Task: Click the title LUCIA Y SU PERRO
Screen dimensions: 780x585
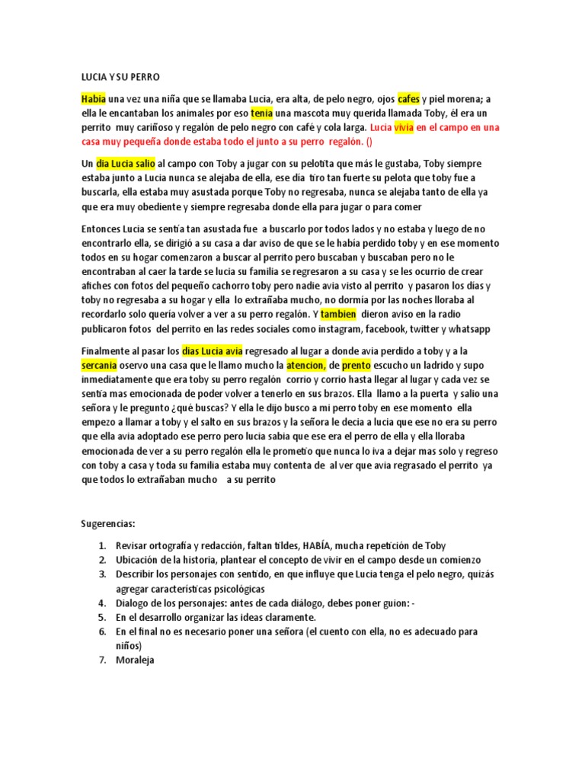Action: [x=122, y=77]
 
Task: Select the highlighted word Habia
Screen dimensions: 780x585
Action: [x=94, y=99]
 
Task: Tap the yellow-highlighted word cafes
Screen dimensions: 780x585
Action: [x=408, y=99]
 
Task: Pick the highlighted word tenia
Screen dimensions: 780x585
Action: [x=261, y=113]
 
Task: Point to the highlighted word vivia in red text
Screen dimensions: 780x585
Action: [x=403, y=128]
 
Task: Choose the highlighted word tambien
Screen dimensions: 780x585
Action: [x=338, y=315]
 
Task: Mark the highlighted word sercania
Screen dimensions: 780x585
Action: [x=99, y=366]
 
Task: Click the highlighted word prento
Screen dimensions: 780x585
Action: [x=356, y=366]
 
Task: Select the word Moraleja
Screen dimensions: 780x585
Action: [x=135, y=660]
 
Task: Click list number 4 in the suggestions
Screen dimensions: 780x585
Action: [x=101, y=603]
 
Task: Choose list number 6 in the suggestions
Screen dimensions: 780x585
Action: [x=101, y=631]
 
